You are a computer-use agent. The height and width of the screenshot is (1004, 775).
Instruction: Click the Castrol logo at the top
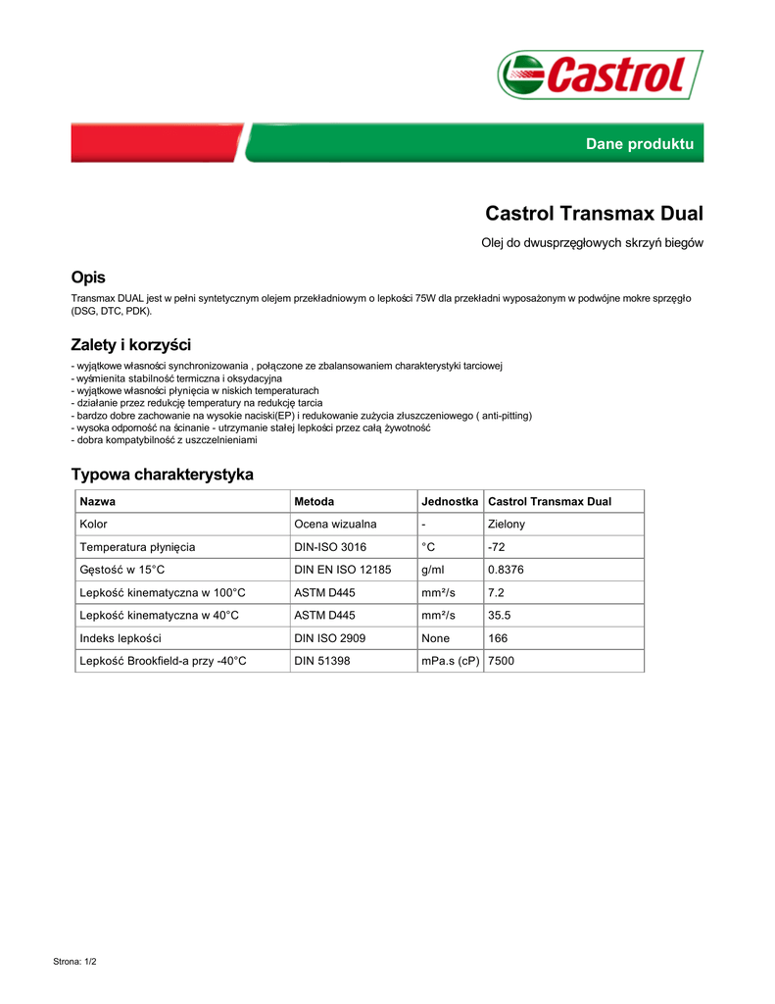600,75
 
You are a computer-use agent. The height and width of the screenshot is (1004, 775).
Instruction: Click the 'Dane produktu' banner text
639,144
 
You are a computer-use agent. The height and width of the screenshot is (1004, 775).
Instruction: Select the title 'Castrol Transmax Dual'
594,213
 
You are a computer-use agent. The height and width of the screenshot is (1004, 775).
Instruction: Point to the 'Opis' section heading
88,277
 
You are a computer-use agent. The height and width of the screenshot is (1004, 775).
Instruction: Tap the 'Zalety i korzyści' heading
130,344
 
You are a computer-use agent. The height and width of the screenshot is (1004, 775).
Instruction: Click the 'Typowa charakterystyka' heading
162,475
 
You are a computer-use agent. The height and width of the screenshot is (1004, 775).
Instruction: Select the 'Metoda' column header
315,502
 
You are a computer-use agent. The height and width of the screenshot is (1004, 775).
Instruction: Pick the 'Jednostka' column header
450,502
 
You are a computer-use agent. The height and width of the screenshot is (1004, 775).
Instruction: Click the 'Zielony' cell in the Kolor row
507,525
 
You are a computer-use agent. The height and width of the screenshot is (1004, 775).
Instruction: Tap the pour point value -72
497,547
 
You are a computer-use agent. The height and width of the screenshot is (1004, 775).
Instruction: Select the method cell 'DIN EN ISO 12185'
343,570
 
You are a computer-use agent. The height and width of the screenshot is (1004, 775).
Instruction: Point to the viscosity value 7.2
496,593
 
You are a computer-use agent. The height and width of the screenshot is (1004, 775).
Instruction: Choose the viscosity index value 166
498,638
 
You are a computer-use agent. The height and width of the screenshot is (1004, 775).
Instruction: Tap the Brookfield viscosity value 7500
501,662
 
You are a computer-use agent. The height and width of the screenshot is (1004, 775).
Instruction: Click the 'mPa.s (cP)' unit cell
450,662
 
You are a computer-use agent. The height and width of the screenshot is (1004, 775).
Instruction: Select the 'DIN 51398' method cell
322,662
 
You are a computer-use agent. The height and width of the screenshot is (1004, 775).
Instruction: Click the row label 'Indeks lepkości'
121,638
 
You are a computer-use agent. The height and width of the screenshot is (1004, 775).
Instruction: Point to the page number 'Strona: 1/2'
74,962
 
